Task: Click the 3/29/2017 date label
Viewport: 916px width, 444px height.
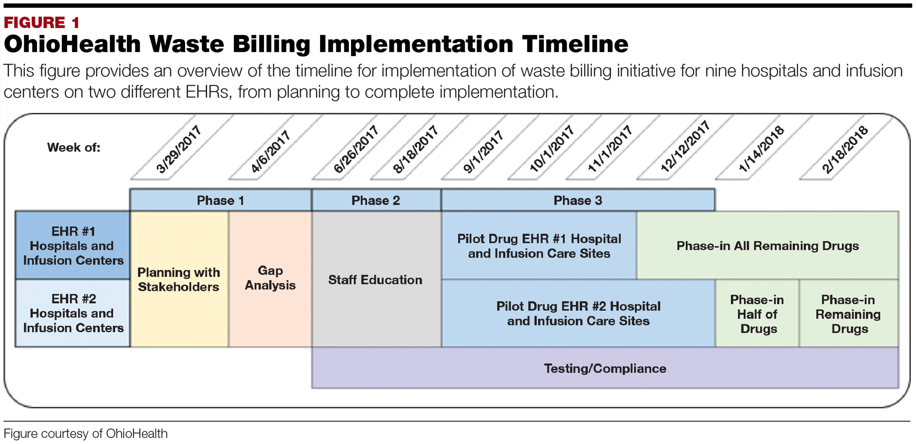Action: [179, 149]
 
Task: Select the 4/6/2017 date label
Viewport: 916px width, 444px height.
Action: [271, 152]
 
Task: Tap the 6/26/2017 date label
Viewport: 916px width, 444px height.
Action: [356, 149]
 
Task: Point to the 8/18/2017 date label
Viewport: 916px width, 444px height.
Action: [416, 149]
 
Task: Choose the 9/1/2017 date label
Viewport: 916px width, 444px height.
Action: [483, 152]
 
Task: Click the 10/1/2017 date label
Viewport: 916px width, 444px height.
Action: [551, 149]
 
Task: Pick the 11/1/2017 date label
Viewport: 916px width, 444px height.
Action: [610, 149]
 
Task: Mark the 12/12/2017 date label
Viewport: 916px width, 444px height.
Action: [685, 147]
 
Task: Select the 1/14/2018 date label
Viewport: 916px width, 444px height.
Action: [761, 149]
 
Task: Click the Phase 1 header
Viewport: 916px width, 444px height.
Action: [221, 201]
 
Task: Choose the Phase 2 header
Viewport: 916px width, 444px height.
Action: [376, 201]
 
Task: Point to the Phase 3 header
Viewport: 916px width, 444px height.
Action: [578, 201]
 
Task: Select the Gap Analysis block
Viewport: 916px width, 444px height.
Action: [270, 278]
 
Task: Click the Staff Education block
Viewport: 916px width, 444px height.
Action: [375, 280]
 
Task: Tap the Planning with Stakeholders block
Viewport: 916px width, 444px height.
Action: [179, 280]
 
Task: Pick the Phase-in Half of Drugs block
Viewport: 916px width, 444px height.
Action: [757, 314]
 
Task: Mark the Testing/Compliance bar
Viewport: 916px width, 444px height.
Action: [605, 368]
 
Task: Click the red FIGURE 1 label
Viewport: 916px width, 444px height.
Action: [42, 23]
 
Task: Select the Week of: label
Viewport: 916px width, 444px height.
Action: [74, 147]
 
